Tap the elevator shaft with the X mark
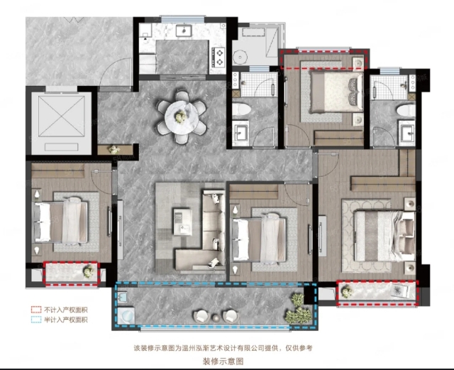pyautogui.click(x=62, y=116)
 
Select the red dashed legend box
pyautogui.click(x=36, y=310)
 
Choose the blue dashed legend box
pyautogui.click(x=36, y=320)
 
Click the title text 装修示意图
pyautogui.click(x=223, y=361)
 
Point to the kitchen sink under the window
pyautogui.click(x=183, y=31)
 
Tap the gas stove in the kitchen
pyautogui.click(x=218, y=58)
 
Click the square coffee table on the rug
pyautogui.click(x=182, y=222)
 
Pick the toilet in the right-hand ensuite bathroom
pyautogui.click(x=406, y=110)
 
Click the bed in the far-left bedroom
pyautogui.click(x=61, y=222)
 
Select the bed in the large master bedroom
pyautogui.click(x=384, y=236)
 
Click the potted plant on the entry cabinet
pyautogui.click(x=113, y=150)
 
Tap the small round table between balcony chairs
pyautogui.click(x=216, y=318)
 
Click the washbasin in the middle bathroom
pyautogui.click(x=240, y=133)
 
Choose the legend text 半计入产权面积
pyautogui.click(x=66, y=320)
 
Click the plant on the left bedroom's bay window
pyautogui.click(x=89, y=271)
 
